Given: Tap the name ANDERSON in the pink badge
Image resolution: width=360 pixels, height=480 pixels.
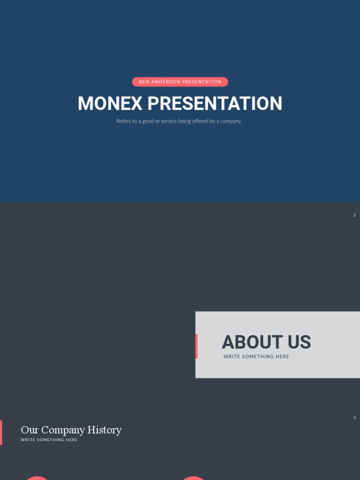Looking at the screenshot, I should (x=165, y=82).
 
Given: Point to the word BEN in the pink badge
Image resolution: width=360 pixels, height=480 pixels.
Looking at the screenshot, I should (x=144, y=82).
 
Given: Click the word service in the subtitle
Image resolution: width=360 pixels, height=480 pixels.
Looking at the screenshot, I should (x=168, y=121).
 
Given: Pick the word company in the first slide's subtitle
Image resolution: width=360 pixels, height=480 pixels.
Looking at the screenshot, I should (x=230, y=121).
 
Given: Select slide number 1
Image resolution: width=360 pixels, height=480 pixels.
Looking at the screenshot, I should (x=354, y=13).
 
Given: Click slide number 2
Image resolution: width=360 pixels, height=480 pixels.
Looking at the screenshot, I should (x=354, y=215).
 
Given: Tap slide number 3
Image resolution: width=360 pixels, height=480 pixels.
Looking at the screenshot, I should (x=354, y=418).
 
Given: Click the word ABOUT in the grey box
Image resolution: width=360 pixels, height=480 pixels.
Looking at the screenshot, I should (x=246, y=342).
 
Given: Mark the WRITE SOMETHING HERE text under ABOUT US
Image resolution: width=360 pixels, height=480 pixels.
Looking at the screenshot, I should (x=256, y=357).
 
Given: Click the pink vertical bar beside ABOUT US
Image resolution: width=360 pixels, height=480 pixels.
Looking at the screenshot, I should (x=196, y=346).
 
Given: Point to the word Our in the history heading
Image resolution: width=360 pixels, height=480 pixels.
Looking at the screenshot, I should (x=30, y=430).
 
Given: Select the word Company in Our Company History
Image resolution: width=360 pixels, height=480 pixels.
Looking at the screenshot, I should (x=63, y=430).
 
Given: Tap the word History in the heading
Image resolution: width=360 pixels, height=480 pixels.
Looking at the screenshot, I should (x=105, y=430).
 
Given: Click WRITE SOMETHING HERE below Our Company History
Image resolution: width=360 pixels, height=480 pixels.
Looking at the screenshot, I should (x=49, y=440).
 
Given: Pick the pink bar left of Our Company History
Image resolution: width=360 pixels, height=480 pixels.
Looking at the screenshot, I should (x=1, y=433).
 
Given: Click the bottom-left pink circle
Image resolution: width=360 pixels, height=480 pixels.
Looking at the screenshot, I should (x=37, y=478).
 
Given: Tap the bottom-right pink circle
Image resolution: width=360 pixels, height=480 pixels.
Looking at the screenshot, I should (x=193, y=478).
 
